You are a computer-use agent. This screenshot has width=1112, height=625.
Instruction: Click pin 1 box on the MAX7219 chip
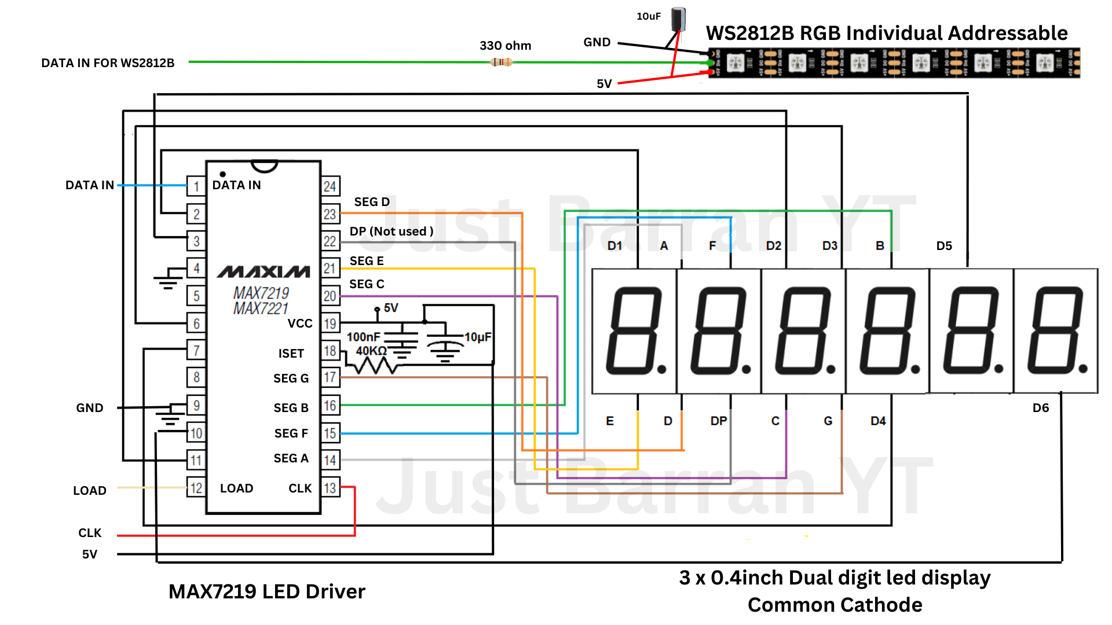[196, 186]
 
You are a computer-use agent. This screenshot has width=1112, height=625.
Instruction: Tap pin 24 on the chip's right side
[330, 186]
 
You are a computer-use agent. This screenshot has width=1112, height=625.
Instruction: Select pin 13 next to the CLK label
[330, 488]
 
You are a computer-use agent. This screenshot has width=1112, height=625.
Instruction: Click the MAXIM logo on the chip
[264, 271]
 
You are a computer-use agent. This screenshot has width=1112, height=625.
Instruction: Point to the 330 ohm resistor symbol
[501, 62]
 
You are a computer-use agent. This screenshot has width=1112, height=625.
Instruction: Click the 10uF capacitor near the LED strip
[678, 20]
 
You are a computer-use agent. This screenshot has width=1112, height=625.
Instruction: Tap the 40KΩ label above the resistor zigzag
[371, 351]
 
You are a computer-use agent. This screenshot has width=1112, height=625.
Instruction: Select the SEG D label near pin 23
[372, 202]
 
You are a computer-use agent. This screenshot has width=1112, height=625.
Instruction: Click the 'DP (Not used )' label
[392, 231]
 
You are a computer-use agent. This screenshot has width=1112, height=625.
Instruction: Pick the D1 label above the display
[614, 246]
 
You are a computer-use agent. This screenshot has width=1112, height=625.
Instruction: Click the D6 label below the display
[1041, 408]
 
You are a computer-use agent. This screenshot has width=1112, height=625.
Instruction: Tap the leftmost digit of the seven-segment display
[634, 331]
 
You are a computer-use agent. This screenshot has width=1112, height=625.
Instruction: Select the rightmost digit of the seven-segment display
[1056, 331]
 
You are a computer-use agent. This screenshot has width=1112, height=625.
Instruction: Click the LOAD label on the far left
[90, 491]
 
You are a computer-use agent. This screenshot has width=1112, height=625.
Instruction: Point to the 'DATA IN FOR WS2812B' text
[108, 63]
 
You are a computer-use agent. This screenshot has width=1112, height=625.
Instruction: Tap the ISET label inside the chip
[291, 354]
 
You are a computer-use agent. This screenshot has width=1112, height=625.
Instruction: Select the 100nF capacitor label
[363, 337]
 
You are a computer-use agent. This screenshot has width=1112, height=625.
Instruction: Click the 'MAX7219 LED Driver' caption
[267, 591]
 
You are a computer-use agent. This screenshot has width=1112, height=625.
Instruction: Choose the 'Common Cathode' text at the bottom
[835, 605]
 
